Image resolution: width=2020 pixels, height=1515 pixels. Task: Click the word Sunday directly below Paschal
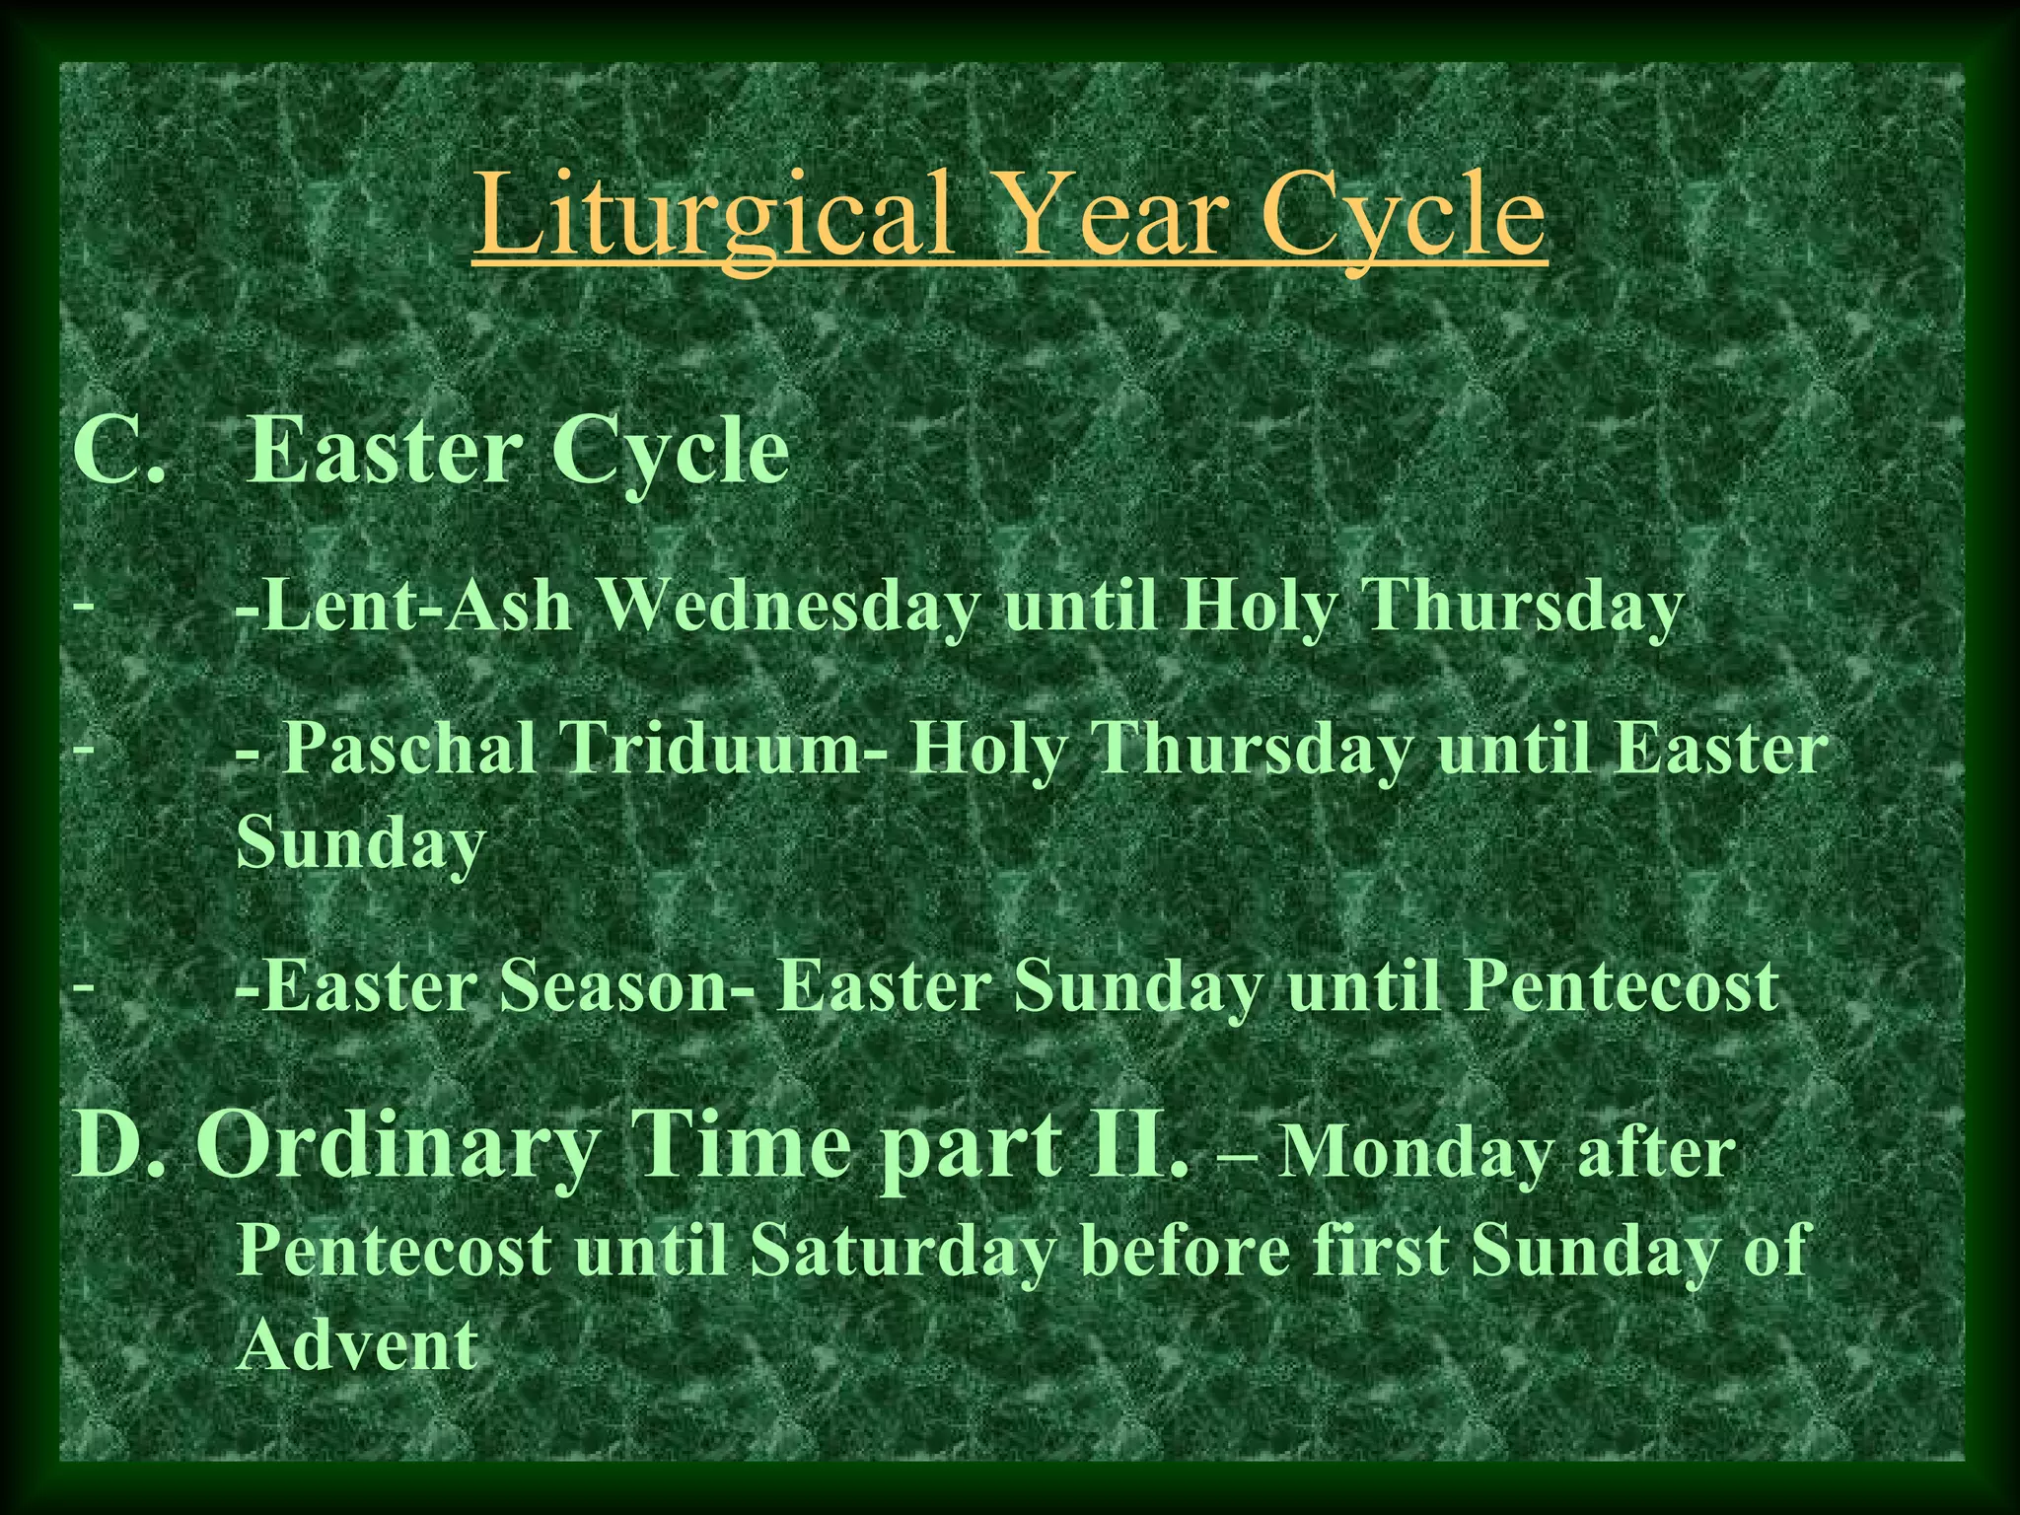(x=361, y=843)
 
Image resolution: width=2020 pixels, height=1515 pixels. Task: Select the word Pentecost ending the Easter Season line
(x=1622, y=987)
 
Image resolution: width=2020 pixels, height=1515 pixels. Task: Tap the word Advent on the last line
(x=358, y=1344)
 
